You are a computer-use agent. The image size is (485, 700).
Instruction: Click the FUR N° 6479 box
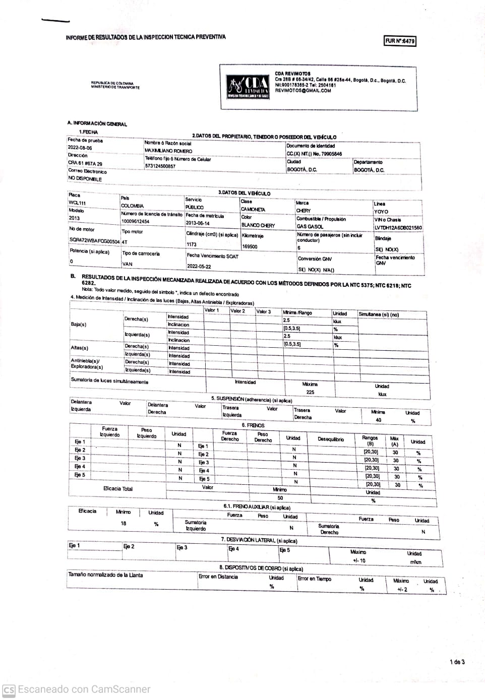[x=400, y=41]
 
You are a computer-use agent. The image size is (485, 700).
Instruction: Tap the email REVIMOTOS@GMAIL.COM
[x=303, y=91]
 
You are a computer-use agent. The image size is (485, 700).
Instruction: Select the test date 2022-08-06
[x=80, y=148]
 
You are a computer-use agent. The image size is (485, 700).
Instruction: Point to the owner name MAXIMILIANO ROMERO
[x=168, y=151]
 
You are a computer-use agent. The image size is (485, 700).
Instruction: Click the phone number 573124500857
[x=160, y=166]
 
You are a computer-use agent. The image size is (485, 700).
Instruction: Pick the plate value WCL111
[x=77, y=203]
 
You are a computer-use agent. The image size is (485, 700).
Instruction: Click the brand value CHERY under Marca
[x=304, y=211]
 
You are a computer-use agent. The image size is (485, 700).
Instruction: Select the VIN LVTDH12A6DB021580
[x=398, y=228]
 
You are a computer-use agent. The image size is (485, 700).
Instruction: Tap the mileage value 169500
[x=250, y=246]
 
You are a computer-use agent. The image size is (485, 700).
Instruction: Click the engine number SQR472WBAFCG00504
[x=94, y=241]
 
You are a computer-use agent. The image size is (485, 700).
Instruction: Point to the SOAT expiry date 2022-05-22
[x=199, y=266]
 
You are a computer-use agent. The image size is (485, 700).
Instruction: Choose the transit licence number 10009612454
[x=135, y=221]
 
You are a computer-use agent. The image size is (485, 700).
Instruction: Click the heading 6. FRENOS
[x=253, y=425]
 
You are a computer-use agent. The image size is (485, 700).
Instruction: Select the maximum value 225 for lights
[x=310, y=392]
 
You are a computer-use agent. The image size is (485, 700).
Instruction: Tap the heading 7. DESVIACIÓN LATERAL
[x=259, y=540]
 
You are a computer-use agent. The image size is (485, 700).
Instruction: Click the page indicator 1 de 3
[x=457, y=662]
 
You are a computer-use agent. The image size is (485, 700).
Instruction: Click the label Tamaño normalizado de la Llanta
[x=105, y=575]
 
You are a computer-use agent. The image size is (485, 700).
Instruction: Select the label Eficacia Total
[x=117, y=488]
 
